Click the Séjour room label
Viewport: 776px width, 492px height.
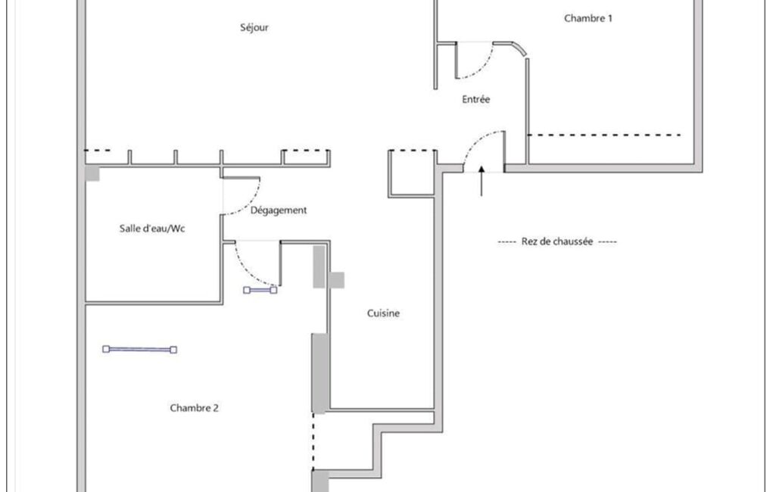pos(254,28)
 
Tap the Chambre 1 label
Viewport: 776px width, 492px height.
pos(588,18)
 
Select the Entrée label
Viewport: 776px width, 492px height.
pos(476,99)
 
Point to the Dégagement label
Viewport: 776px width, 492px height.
pos(279,210)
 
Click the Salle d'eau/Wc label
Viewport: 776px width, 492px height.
pos(152,228)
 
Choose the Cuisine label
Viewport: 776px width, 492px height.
pos(384,313)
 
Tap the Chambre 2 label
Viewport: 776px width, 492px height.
pos(194,408)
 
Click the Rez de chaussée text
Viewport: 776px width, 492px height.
pos(557,241)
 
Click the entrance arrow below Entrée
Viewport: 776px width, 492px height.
pos(481,181)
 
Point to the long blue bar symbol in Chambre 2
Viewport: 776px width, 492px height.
pos(139,350)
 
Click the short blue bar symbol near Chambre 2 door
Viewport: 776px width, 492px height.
pos(260,290)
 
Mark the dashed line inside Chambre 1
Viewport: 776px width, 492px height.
pos(604,135)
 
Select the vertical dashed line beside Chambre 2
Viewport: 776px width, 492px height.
pos(313,441)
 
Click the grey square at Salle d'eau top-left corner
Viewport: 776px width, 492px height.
pos(92,173)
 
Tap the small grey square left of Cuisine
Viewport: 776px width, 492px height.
pos(337,280)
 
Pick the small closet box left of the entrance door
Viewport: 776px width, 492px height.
pos(413,173)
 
